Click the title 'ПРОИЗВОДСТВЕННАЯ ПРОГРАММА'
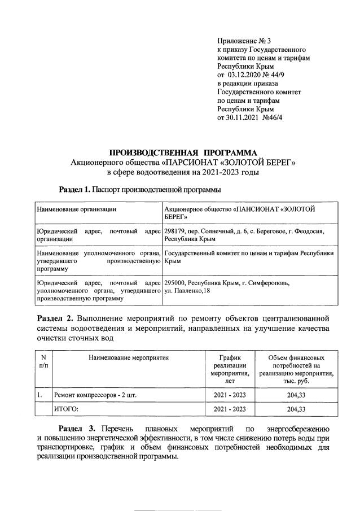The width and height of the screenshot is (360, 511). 182,153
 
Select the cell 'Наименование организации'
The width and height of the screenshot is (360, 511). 76,209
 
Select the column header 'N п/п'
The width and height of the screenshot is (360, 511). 43,361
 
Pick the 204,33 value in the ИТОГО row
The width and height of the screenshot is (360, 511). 296,409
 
